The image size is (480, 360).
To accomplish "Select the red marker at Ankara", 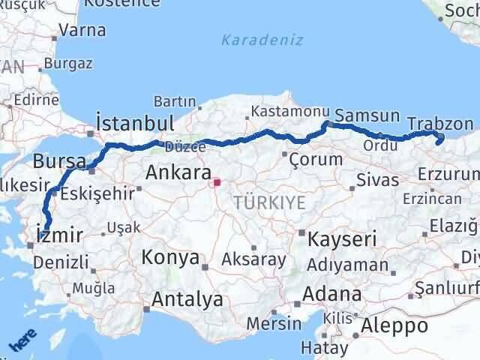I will coord(217,181).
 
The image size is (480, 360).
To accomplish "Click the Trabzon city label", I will coord(441,124).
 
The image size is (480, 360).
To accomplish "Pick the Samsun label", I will coord(367,115).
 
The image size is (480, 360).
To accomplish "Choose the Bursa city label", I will coord(55,160).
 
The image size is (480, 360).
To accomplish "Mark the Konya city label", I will coord(170,259).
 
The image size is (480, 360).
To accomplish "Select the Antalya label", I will coord(187,299).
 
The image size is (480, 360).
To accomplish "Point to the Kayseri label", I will coord(342,239).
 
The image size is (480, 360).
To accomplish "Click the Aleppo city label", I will coord(394,326).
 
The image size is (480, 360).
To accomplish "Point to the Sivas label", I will coord(372,180).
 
